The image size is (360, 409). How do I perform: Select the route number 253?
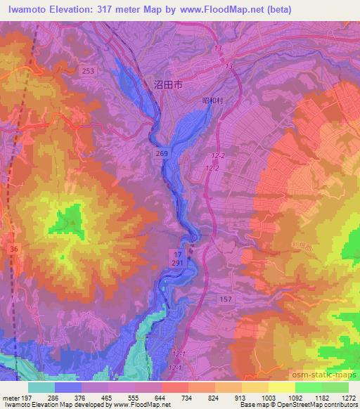[x=88, y=71]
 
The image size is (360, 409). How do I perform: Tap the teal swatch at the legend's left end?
[x=41, y=387]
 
